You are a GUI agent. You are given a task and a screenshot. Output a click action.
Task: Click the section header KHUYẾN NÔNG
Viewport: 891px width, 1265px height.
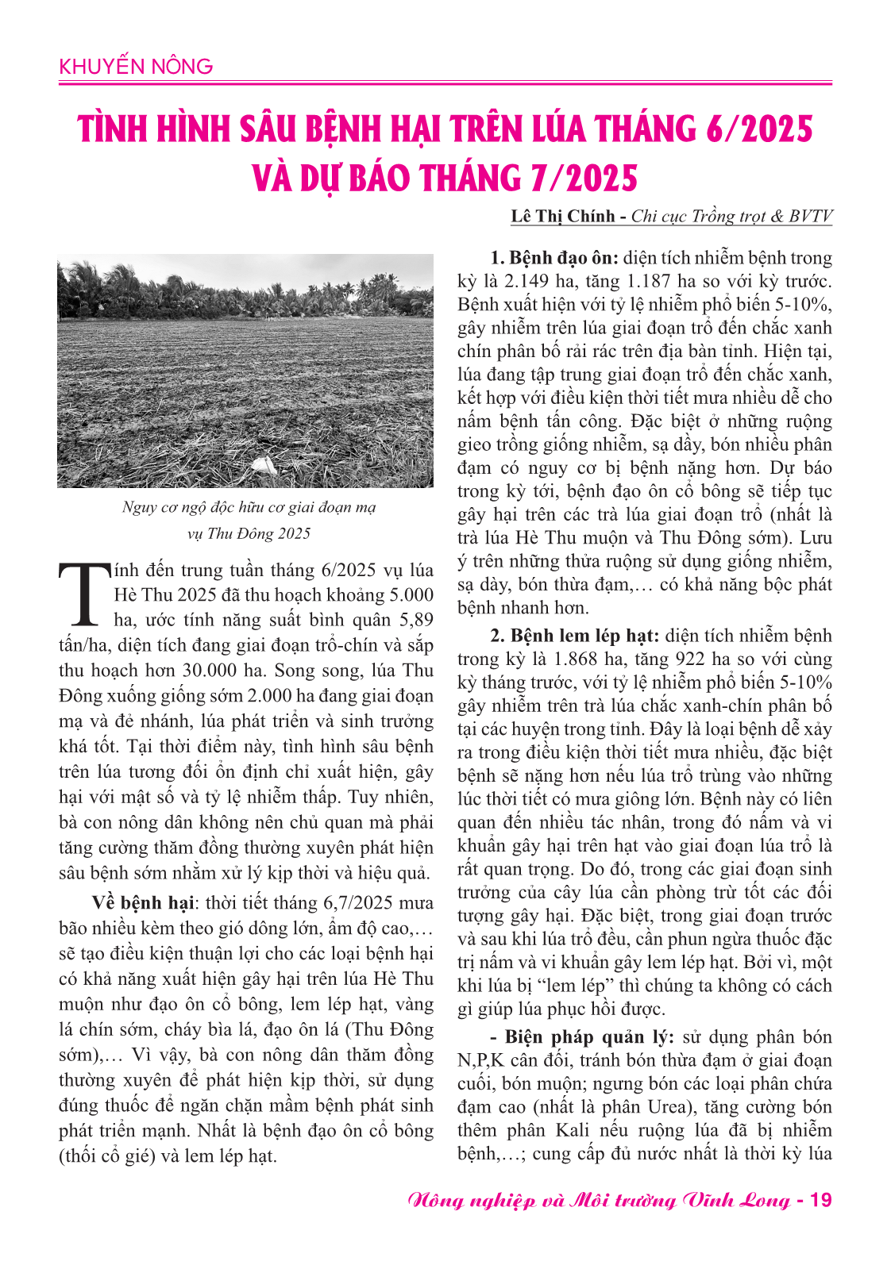coord(136,66)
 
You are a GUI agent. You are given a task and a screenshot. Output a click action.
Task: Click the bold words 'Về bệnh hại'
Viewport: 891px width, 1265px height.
coord(143,903)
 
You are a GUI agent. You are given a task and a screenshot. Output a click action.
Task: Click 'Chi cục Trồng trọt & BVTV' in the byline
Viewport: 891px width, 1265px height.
coord(731,217)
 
